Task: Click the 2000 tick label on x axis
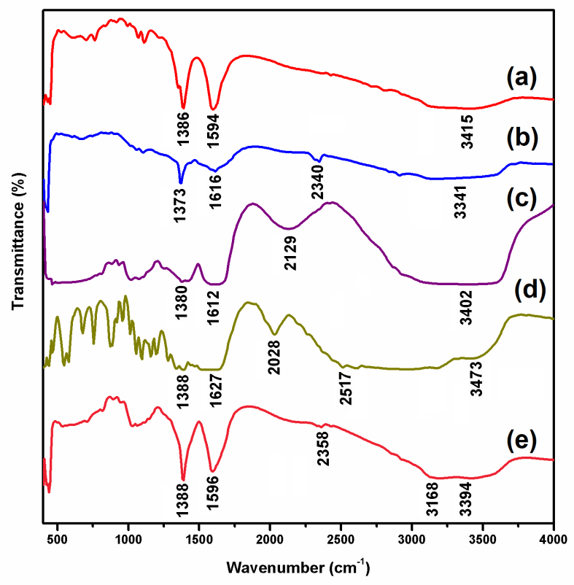(x=270, y=538)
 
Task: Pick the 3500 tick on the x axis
(x=483, y=538)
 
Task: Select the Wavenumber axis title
(x=298, y=567)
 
